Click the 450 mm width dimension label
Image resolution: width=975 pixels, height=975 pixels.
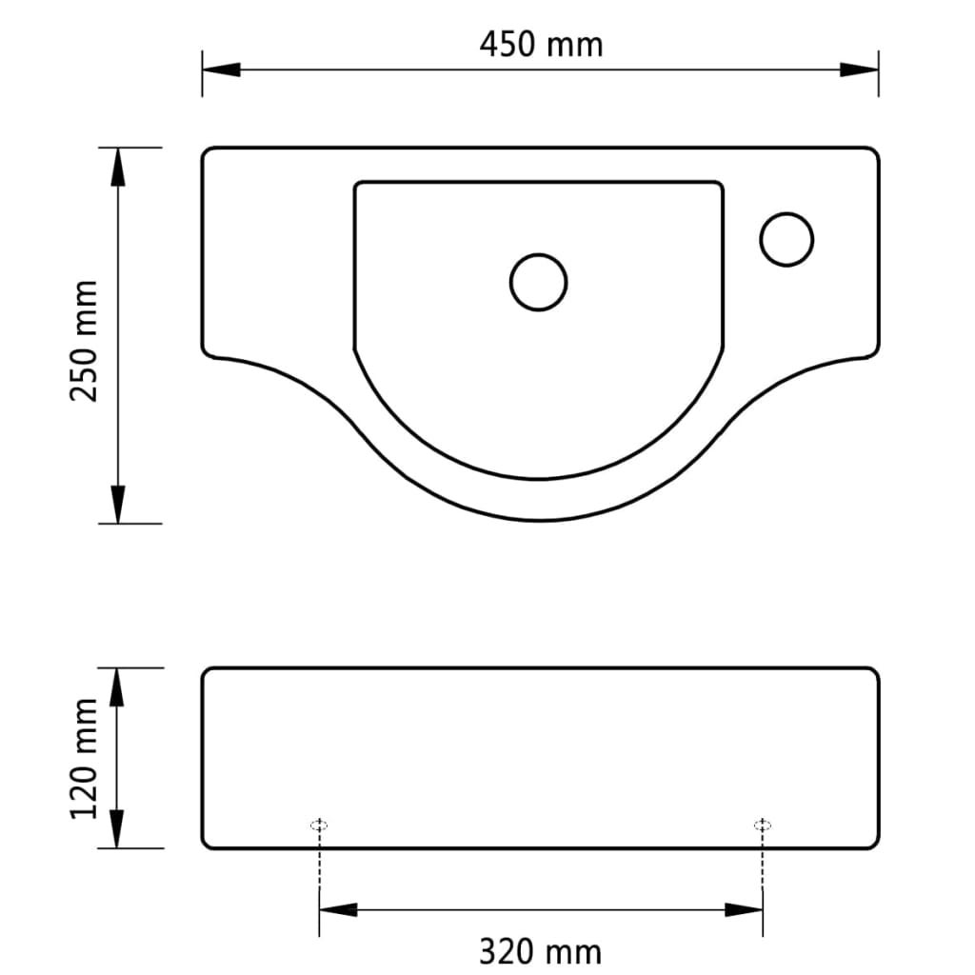(540, 44)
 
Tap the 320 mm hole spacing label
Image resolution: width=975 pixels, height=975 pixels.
(540, 950)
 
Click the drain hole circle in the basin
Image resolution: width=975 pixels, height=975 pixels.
(539, 282)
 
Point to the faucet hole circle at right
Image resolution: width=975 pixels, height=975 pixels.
(786, 238)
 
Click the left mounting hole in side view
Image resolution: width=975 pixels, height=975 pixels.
(320, 825)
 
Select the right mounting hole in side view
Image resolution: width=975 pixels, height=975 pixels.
(762, 825)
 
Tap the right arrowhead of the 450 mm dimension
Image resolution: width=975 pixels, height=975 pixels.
(859, 70)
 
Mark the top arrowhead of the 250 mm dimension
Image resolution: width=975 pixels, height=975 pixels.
(118, 167)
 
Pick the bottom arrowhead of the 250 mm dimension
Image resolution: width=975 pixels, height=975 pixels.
(118, 504)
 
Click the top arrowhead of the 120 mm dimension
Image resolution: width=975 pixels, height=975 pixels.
(118, 686)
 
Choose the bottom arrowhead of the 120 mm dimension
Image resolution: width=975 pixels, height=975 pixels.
(118, 828)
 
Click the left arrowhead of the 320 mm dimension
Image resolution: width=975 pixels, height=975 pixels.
(339, 910)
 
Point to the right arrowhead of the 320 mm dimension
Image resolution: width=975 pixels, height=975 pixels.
(744, 910)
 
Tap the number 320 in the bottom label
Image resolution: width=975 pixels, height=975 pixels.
(514, 950)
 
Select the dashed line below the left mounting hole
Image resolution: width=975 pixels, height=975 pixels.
(320, 866)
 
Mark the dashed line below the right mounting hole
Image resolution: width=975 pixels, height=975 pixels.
(762, 866)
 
